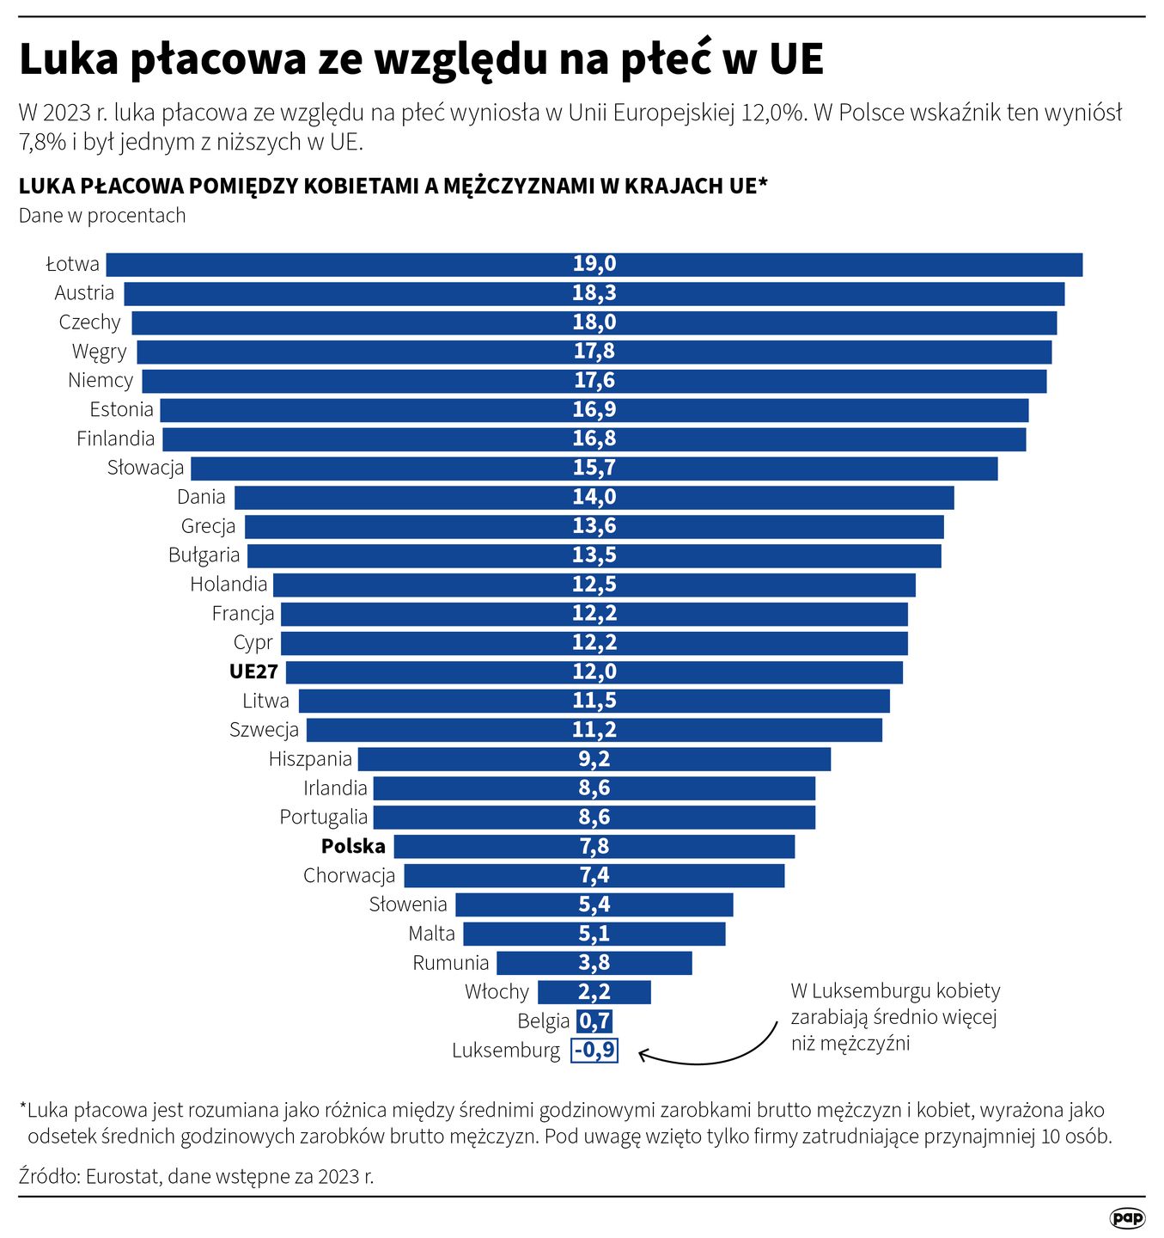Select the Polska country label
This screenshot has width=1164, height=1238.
[353, 846]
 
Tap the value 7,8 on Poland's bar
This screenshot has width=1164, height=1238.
[594, 846]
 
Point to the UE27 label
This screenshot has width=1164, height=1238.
[253, 671]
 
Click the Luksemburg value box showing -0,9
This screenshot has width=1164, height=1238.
[594, 1050]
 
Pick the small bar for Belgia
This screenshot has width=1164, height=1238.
[594, 1020]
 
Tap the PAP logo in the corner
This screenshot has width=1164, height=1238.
[1126, 1217]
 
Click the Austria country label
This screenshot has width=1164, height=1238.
[84, 293]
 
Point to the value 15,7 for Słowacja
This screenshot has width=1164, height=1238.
[594, 468]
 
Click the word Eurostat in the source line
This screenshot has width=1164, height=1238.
[123, 1176]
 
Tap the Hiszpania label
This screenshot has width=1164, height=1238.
[310, 759]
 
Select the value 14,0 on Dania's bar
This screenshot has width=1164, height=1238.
[594, 497]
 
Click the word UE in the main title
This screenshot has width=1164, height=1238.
[795, 60]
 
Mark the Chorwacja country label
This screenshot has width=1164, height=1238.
[349, 875]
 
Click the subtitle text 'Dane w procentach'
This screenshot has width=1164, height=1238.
[102, 216]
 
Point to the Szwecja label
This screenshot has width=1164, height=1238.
[264, 730]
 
